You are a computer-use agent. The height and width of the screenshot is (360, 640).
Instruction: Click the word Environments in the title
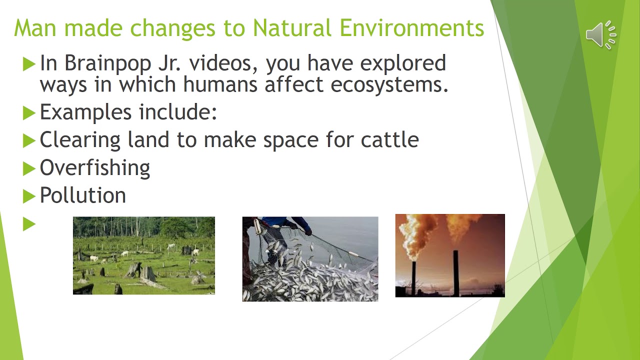coord(412,28)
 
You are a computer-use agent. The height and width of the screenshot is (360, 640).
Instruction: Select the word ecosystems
coord(389,84)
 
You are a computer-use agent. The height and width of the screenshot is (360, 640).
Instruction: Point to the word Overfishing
coord(95,168)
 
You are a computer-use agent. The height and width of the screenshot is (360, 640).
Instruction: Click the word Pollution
coord(83,195)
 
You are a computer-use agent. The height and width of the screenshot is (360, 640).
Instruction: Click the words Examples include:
coord(128,112)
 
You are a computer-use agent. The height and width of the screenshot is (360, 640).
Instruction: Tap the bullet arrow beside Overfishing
coord(29,169)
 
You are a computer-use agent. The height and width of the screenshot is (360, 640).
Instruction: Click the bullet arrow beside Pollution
coord(29,196)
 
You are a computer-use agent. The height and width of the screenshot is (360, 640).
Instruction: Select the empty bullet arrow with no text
coord(29,224)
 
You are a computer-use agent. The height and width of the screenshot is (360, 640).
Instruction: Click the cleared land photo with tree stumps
coord(144,255)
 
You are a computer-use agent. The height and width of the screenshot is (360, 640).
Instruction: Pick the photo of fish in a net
coord(310,259)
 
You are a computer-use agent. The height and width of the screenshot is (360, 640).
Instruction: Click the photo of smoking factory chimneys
coord(450,255)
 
